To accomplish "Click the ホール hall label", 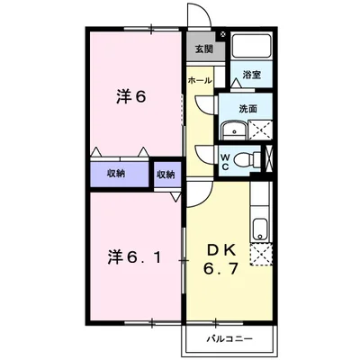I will click(x=200, y=81).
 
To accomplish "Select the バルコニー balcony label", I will click(x=229, y=340).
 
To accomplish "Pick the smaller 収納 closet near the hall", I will click(x=165, y=173).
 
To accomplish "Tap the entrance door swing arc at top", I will click(x=196, y=18).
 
